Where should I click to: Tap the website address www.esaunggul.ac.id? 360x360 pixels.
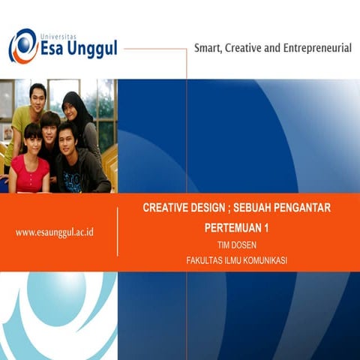[54, 232]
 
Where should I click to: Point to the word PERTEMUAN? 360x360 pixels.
[232, 226]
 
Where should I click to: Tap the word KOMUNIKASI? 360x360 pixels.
[262, 260]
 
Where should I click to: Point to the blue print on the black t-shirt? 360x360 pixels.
[73, 181]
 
